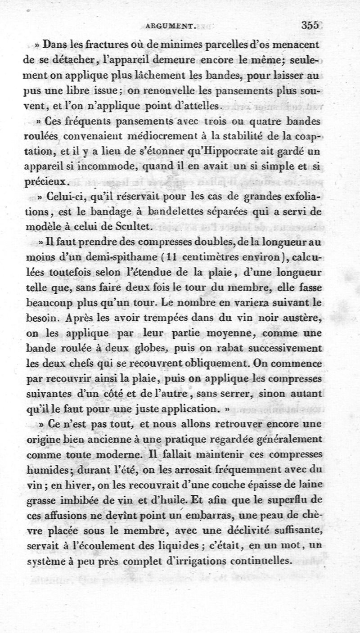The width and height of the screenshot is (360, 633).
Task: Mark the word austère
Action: tap(302, 318)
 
